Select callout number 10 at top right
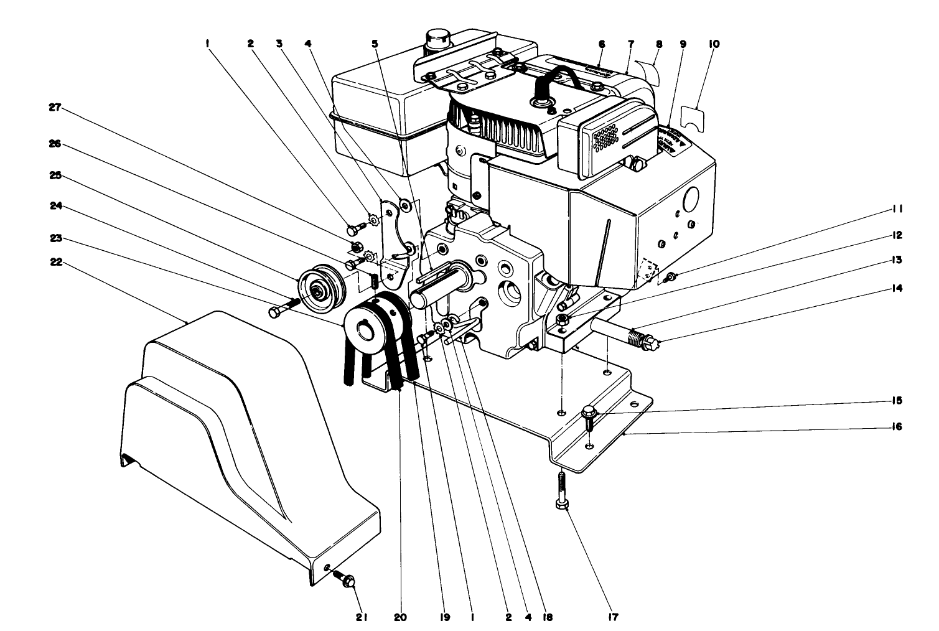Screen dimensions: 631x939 point(713,44)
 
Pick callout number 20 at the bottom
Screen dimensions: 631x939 point(399,617)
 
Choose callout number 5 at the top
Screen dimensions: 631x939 point(375,44)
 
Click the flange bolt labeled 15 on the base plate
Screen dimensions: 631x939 point(589,415)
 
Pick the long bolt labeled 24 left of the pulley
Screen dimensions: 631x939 point(283,308)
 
